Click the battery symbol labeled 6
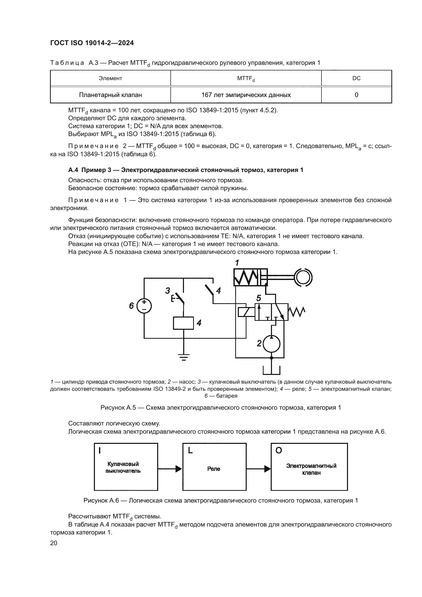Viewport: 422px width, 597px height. pyautogui.click(x=144, y=306)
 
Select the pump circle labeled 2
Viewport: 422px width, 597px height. pyautogui.click(x=271, y=344)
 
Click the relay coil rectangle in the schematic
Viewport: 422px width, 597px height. pyautogui.click(x=183, y=323)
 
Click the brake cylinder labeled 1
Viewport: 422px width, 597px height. pyautogui.click(x=250, y=278)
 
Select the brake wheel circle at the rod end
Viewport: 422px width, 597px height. pyautogui.click(x=303, y=277)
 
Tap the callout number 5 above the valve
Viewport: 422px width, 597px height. pyautogui.click(x=258, y=298)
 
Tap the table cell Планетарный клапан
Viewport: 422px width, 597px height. pyautogui.click(x=110, y=95)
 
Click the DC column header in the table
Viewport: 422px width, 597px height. pyautogui.click(x=356, y=78)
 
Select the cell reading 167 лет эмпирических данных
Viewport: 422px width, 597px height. pyautogui.click(x=246, y=95)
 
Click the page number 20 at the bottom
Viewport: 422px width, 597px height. pyautogui.click(x=54, y=543)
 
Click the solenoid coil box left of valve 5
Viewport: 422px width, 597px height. pyautogui.click(x=245, y=312)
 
